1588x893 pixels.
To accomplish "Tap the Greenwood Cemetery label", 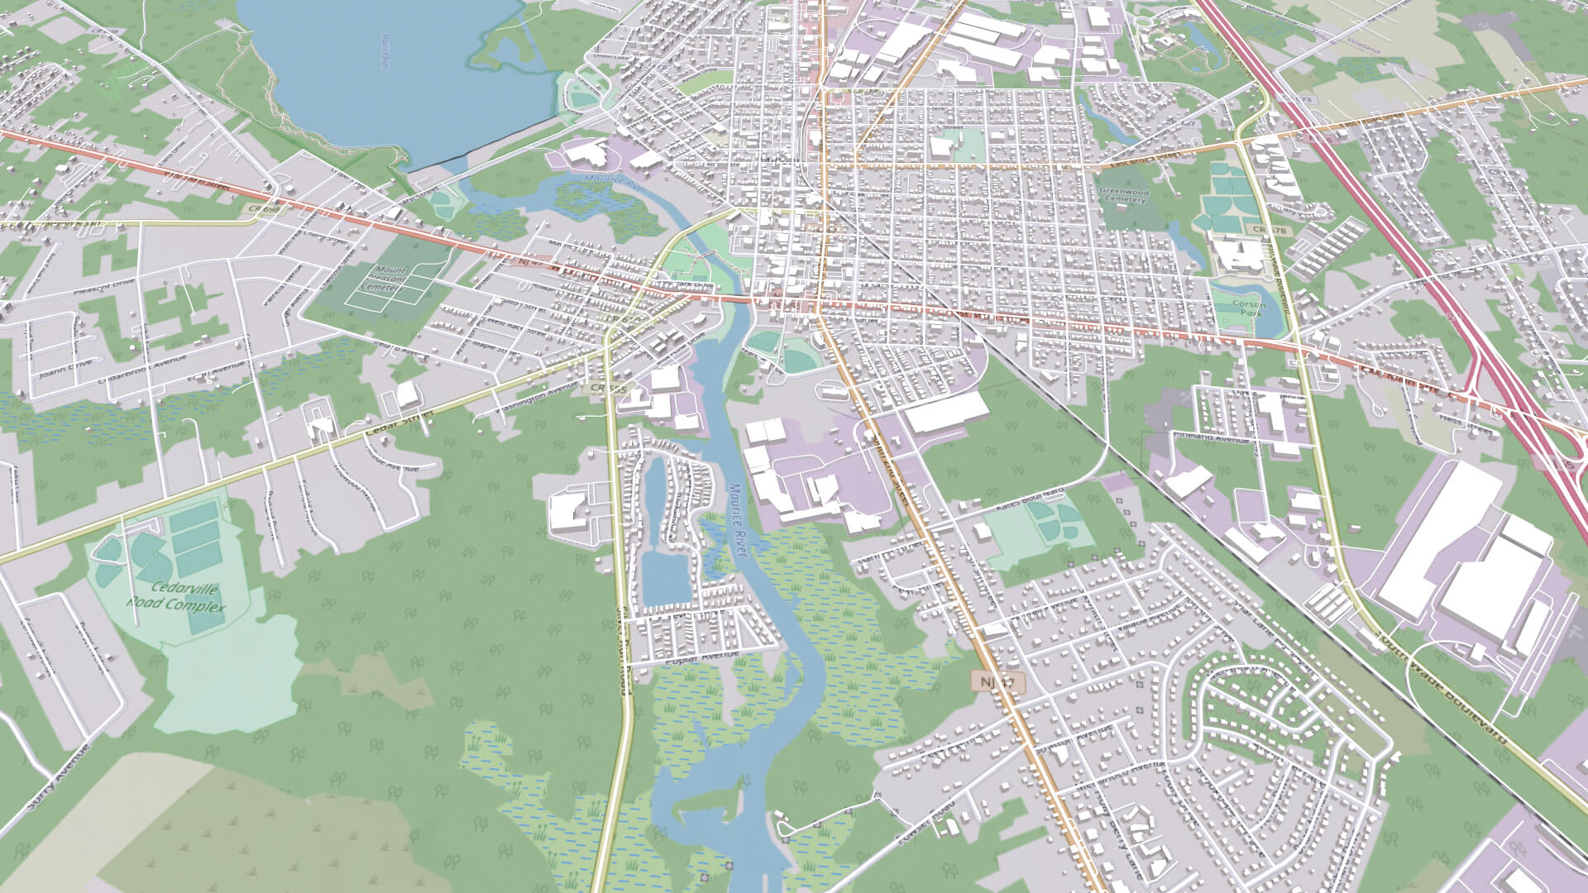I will click(x=1124, y=194).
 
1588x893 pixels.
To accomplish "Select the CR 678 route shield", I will click(x=1260, y=230).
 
